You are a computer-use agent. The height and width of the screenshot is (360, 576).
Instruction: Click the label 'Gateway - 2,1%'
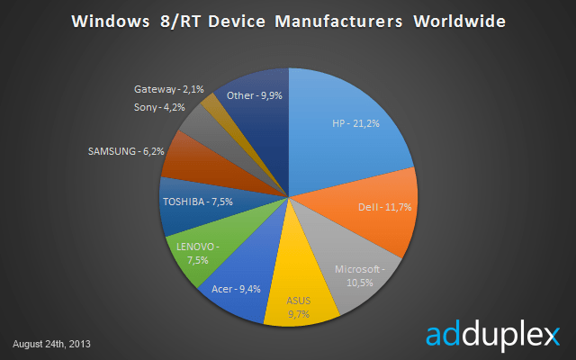(168, 89)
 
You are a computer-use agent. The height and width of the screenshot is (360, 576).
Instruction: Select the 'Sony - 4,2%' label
(159, 107)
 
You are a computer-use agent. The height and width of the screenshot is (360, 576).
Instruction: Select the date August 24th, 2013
(51, 344)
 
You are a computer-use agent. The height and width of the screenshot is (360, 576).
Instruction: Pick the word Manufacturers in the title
(337, 19)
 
